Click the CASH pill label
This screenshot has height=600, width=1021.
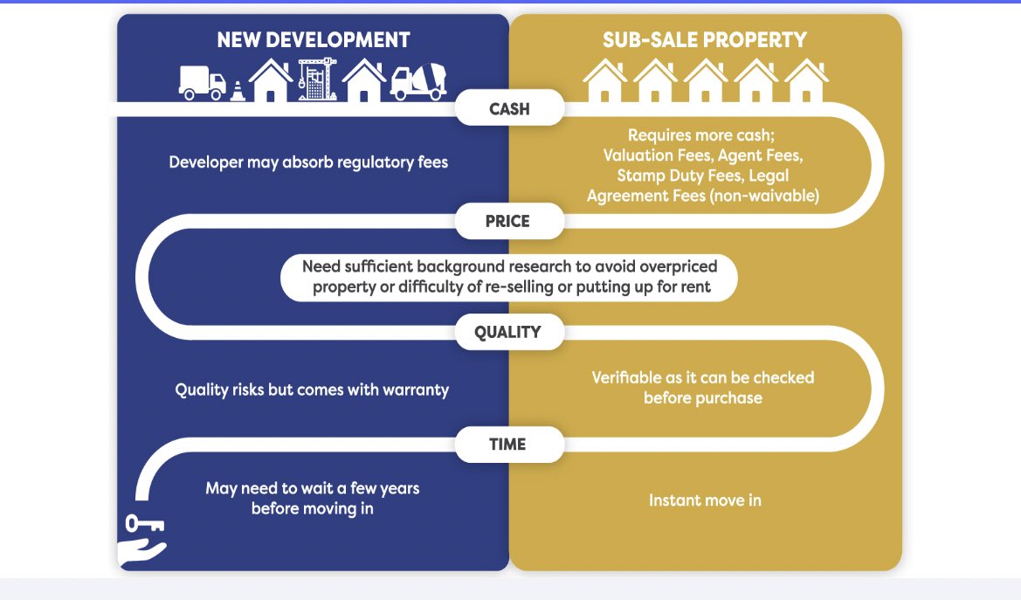pos(509,108)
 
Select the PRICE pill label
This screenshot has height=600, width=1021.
pos(508,221)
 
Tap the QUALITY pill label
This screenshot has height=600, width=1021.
pos(508,332)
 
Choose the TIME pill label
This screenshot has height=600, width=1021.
pos(508,445)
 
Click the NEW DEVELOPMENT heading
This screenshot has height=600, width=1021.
pos(314,40)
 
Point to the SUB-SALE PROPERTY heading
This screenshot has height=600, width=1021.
pos(705,40)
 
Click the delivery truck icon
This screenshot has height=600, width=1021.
pos(203,83)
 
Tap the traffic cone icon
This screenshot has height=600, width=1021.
pos(238,91)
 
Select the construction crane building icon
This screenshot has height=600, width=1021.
pos(317,79)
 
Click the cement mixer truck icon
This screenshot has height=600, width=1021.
pos(418,81)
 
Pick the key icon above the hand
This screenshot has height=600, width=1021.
pos(144,523)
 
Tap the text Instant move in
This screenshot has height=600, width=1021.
pos(705,500)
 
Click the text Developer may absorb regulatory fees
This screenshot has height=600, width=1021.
pos(308,162)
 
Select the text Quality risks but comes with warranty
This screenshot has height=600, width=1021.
pos(312,390)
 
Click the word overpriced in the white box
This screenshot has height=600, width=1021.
pos(679,266)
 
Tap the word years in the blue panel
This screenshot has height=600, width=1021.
pos(399,488)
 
